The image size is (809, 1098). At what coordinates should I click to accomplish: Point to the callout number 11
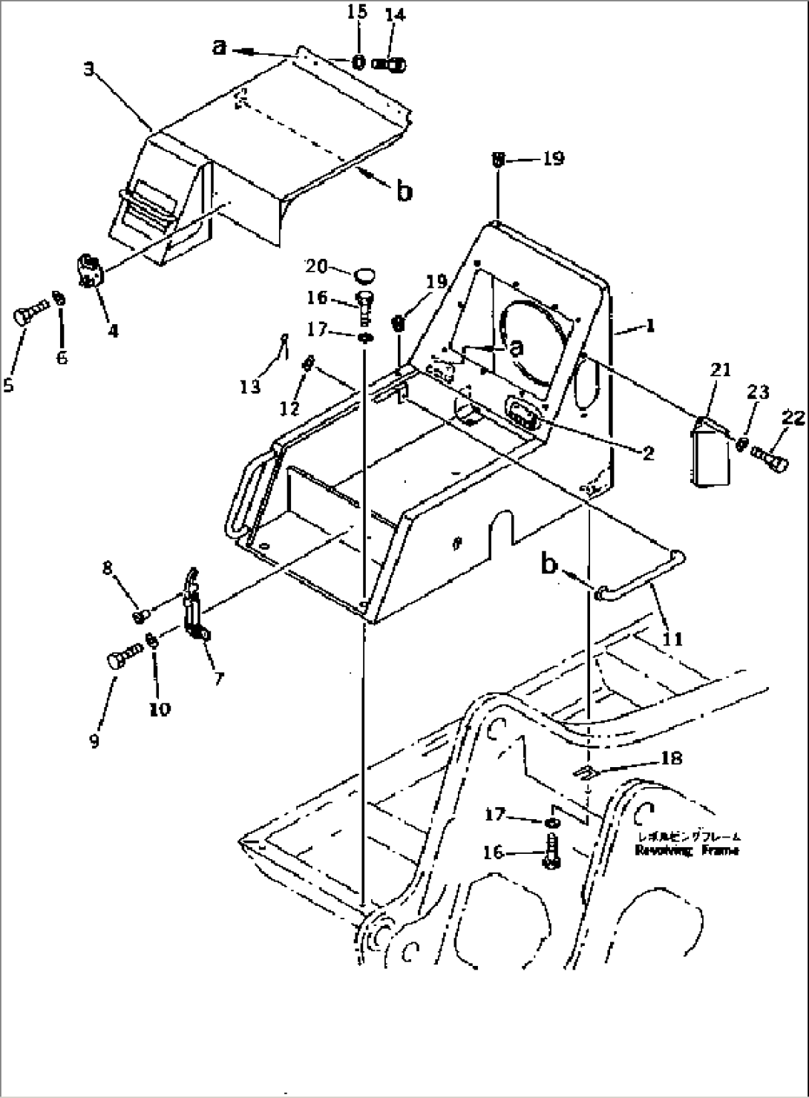pyautogui.click(x=675, y=638)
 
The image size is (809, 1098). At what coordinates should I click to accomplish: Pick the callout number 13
pyautogui.click(x=250, y=386)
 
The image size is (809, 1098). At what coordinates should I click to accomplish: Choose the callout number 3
pyautogui.click(x=88, y=70)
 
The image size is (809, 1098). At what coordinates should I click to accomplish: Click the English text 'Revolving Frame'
pyautogui.click(x=687, y=851)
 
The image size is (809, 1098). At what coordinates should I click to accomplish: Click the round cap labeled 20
pyautogui.click(x=361, y=276)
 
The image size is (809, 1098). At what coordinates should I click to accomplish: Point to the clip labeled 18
pyautogui.click(x=586, y=772)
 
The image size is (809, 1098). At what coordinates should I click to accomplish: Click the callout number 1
pyautogui.click(x=650, y=325)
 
